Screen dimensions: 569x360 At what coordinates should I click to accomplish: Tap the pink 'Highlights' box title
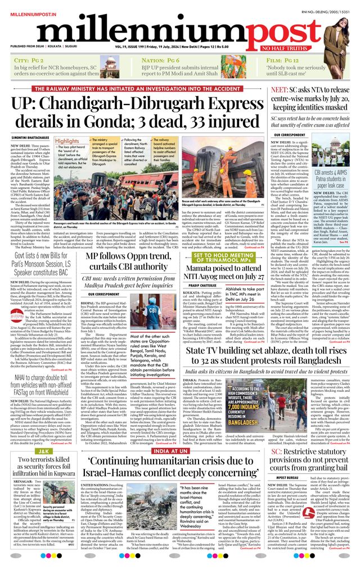67,141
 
